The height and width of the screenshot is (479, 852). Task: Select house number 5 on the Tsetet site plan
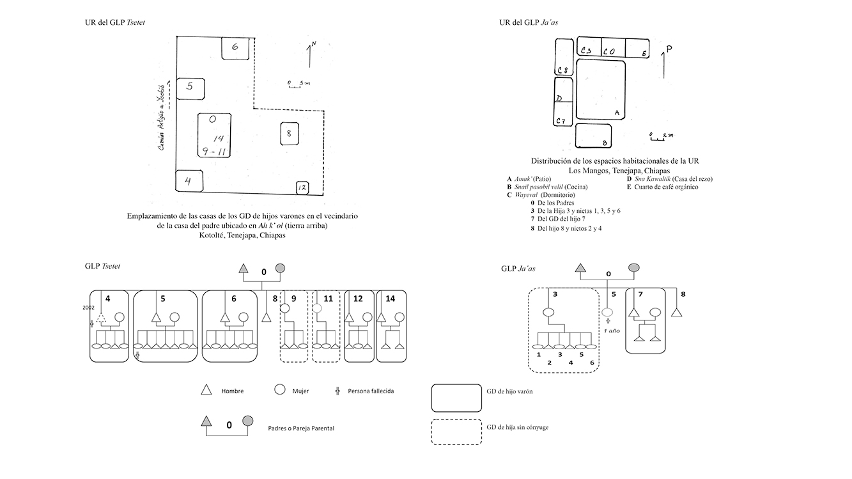click(190, 88)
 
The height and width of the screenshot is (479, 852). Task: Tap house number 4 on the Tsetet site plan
click(189, 180)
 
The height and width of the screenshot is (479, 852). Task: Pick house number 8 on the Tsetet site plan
click(289, 134)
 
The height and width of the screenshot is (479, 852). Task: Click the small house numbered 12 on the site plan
click(302, 188)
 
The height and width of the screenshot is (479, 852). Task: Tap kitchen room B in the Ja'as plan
click(594, 135)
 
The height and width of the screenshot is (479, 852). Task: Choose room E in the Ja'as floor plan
click(637, 48)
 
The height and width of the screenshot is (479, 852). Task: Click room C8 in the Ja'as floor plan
click(564, 58)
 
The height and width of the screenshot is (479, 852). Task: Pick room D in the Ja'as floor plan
click(563, 99)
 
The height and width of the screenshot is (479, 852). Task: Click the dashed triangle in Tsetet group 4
click(101, 317)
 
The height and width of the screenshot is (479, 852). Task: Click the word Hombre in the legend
click(232, 391)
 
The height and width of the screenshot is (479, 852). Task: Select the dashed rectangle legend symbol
click(457, 432)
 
